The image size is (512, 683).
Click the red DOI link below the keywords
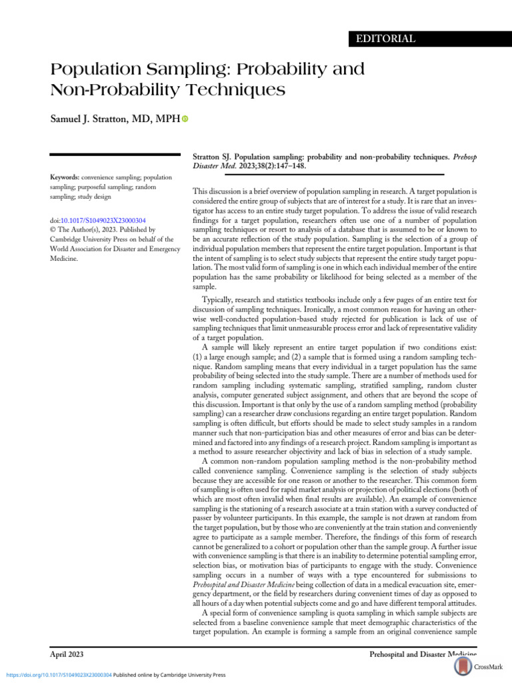[107, 221]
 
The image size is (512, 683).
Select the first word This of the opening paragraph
[199, 190]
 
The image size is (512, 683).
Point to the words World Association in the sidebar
[81, 249]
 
